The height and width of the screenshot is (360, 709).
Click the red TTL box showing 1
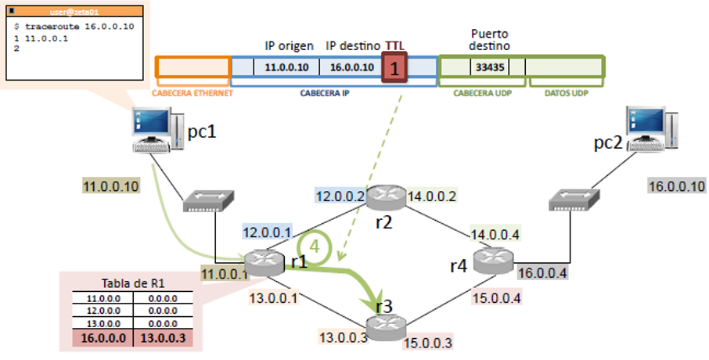(395, 68)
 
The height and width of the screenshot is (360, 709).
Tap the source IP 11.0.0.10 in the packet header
(287, 68)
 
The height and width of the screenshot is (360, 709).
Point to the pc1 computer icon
(152, 130)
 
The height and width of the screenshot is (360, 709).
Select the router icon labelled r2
(386, 196)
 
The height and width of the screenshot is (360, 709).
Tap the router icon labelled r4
(495, 260)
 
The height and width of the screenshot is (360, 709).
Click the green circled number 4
(315, 245)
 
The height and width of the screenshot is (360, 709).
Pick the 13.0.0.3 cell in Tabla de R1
(164, 338)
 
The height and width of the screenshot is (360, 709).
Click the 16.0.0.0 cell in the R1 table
(101, 338)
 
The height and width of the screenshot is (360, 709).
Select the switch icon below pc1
(207, 203)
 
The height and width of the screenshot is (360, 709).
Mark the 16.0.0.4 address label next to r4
(543, 272)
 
